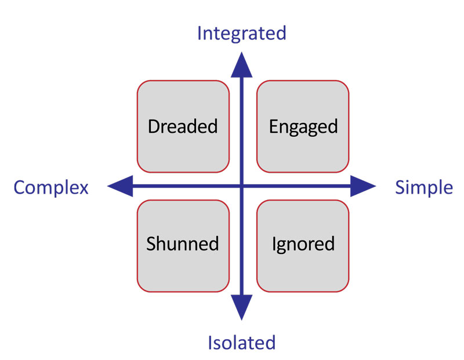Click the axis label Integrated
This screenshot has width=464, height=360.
point(241,34)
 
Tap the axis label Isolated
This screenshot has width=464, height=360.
point(241,343)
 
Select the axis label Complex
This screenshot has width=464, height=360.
point(51,188)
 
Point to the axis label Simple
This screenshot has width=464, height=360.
point(424,188)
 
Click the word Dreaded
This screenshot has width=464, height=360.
point(183,126)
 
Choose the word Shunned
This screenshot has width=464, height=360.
point(182,243)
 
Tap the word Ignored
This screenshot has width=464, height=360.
point(303,245)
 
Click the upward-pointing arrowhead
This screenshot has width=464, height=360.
point(241,65)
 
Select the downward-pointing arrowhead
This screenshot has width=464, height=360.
point(241,307)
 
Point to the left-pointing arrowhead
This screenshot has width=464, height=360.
point(121,186)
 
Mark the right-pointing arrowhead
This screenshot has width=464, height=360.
point(363,186)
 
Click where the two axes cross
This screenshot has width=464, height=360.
point(241,186)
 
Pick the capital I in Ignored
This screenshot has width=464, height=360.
point(274,243)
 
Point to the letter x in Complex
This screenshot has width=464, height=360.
point(84,190)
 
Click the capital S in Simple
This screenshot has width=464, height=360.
point(401,188)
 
